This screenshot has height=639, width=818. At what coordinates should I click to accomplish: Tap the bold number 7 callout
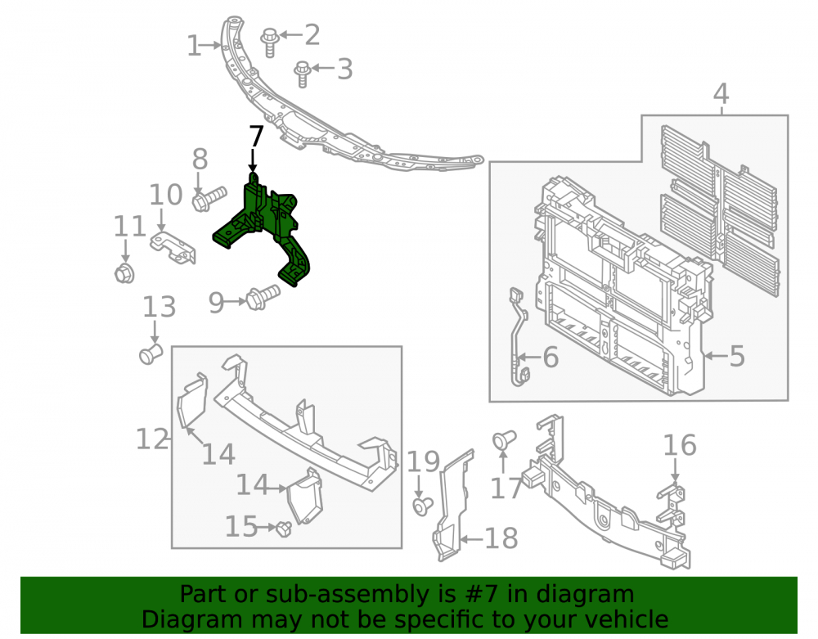point(255,137)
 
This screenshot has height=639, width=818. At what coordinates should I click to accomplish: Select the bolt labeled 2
point(270,42)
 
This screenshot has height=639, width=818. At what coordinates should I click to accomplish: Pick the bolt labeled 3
point(303,74)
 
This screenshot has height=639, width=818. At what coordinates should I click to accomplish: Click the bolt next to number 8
point(209,199)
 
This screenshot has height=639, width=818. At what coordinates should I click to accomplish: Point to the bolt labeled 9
point(263,297)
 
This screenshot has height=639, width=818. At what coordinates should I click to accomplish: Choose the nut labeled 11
point(124,272)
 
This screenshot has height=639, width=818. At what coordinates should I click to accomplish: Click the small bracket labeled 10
point(173,248)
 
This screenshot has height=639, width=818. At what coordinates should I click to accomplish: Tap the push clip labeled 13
point(151,354)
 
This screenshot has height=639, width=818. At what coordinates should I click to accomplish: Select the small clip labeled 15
point(283,529)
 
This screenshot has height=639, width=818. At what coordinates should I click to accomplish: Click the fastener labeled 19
point(422,506)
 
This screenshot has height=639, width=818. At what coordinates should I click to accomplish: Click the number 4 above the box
point(721,94)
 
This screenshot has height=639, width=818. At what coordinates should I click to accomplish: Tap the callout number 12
point(152,439)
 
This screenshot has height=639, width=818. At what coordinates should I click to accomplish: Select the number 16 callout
point(680,445)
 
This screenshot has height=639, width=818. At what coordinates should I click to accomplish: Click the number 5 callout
point(737,356)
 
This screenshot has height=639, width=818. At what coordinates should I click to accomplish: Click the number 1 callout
point(194,46)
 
